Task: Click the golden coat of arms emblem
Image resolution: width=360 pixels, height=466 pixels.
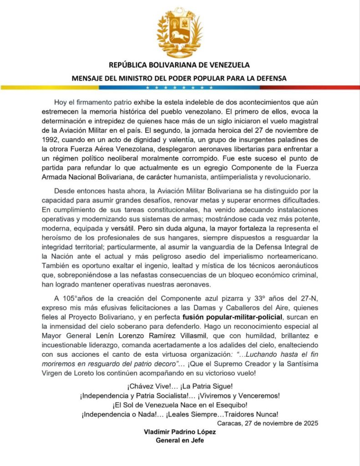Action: (180, 32)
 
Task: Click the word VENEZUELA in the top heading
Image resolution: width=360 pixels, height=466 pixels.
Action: (223, 65)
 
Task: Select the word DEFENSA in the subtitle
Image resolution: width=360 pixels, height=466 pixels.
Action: (270, 78)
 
